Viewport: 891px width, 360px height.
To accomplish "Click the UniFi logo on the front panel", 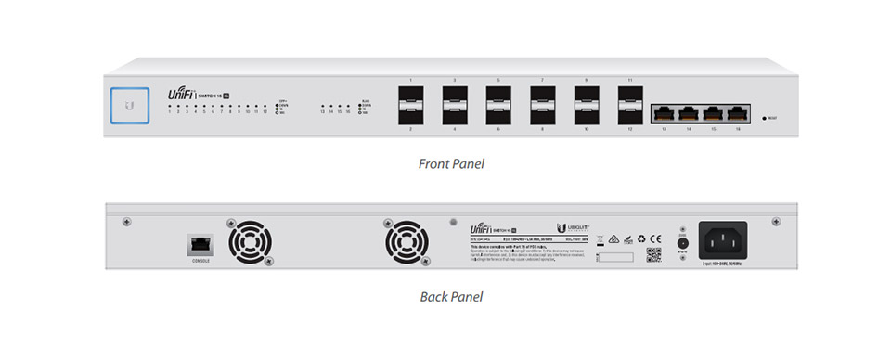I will click(179, 95).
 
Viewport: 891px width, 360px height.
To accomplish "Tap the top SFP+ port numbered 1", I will click(410, 97).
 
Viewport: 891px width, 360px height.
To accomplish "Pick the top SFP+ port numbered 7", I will click(542, 97).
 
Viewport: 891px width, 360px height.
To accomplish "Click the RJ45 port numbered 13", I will click(665, 113).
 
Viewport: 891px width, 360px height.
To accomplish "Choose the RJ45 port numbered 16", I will click(738, 113).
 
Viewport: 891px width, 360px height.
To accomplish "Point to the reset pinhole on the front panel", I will click(764, 118).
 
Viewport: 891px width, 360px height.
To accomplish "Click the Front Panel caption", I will click(451, 164).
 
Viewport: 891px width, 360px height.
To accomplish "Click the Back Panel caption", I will click(451, 298).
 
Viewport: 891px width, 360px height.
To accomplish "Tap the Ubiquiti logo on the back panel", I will click(570, 228).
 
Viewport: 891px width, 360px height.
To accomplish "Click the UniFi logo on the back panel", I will click(483, 228).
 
